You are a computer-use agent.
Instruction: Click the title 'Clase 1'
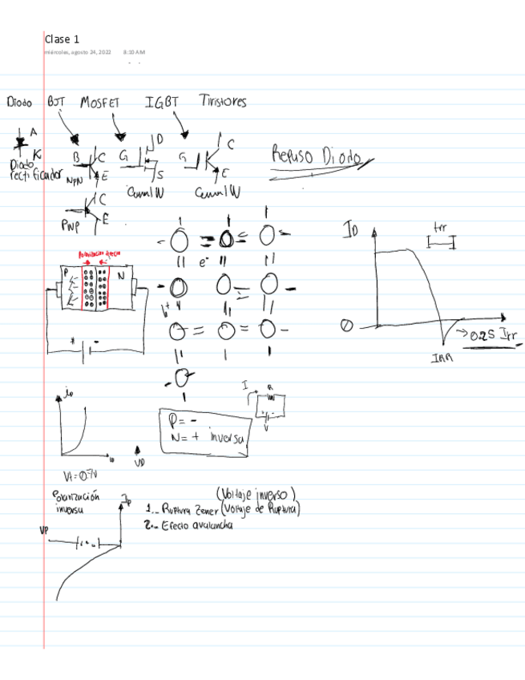coord(62,38)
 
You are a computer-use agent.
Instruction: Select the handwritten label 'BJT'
coord(56,102)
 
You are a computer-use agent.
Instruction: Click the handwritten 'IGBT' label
coord(162,102)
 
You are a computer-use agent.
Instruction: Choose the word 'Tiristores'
coord(223,102)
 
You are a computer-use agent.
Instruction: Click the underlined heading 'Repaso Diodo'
coord(316,156)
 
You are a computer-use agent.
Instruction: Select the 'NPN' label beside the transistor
coord(74,180)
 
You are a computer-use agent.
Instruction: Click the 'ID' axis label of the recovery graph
coord(351,232)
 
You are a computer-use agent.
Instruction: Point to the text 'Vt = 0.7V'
coord(78,475)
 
